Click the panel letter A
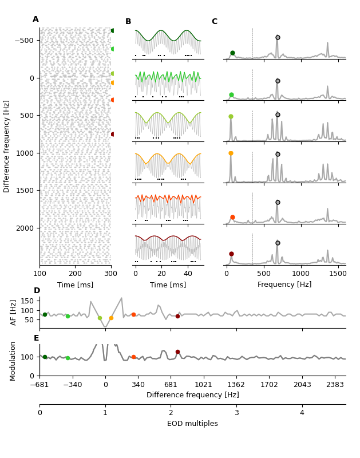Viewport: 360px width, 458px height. point(35,19)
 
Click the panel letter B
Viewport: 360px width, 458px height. point(128,22)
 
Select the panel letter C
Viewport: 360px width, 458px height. point(215,22)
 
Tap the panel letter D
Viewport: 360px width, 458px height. point(37,291)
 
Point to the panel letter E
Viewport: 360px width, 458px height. point(37,338)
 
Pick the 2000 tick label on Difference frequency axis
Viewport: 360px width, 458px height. point(26,228)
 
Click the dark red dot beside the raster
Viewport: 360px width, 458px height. point(113,134)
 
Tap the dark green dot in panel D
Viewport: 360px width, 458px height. point(45,314)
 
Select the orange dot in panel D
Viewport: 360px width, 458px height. point(111,318)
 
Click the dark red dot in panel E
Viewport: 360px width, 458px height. point(177,352)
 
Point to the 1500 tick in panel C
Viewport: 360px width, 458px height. point(338,273)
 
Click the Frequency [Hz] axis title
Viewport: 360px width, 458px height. point(284,285)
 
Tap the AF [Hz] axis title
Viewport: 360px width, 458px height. point(14,312)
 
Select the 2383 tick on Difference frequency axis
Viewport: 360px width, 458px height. point(335,385)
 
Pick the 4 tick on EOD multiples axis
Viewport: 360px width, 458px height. point(302,413)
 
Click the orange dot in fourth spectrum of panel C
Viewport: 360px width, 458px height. point(231,153)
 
